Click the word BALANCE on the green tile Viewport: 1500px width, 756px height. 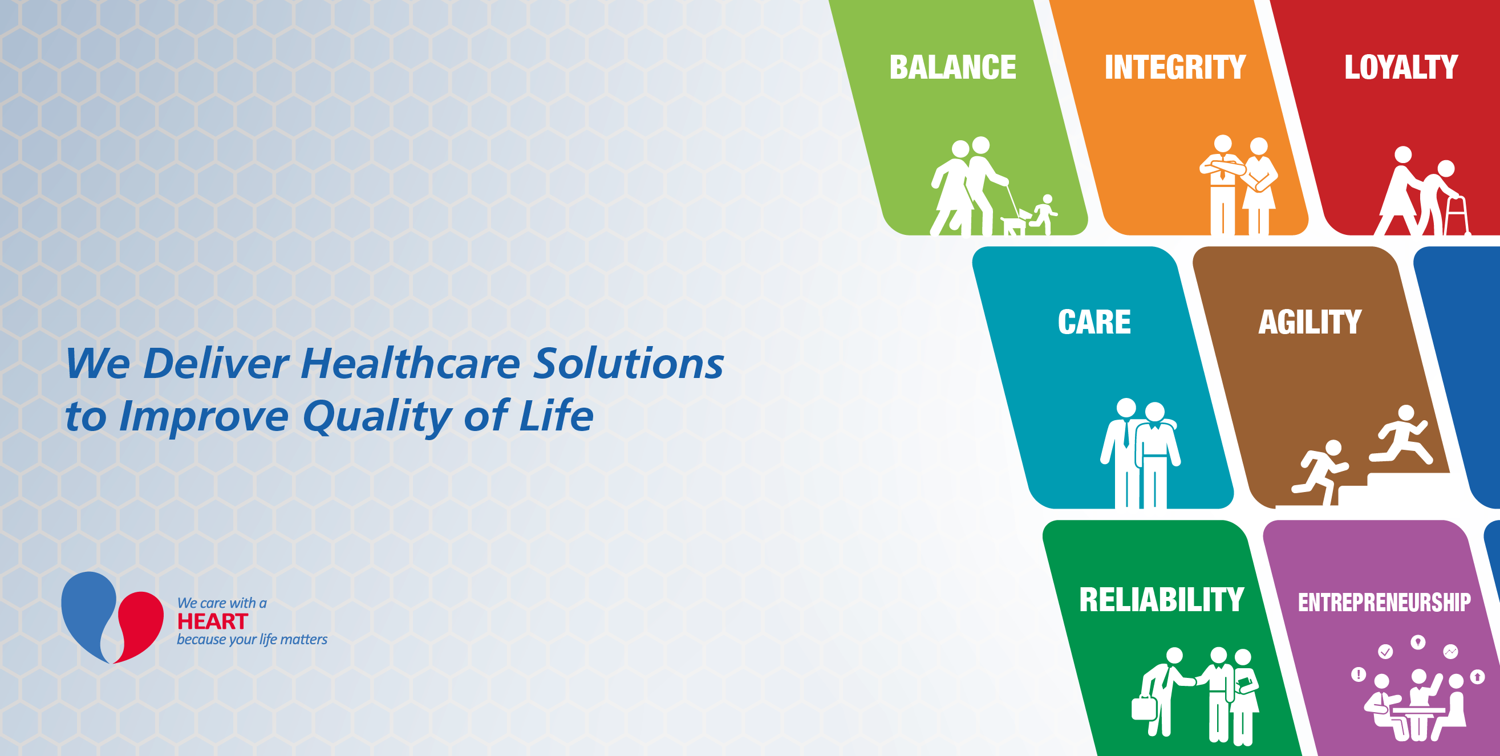point(952,67)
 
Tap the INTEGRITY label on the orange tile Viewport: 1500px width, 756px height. point(1175,67)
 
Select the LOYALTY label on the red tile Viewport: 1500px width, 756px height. point(1401,67)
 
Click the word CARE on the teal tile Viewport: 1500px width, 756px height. point(1094,322)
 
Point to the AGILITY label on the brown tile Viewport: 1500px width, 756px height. point(1310,322)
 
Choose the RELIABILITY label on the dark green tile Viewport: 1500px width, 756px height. point(1162,599)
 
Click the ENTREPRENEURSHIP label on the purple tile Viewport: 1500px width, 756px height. point(1384,603)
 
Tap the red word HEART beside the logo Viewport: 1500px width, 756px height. point(213,621)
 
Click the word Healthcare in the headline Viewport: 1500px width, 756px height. point(411,363)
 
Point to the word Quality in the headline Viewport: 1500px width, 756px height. point(378,417)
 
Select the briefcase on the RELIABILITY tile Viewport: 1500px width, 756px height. point(1144,706)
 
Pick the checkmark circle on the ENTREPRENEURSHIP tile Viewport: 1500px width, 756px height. point(1385,651)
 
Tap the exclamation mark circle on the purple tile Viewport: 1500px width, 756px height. point(1359,674)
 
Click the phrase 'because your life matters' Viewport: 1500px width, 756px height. point(252,640)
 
